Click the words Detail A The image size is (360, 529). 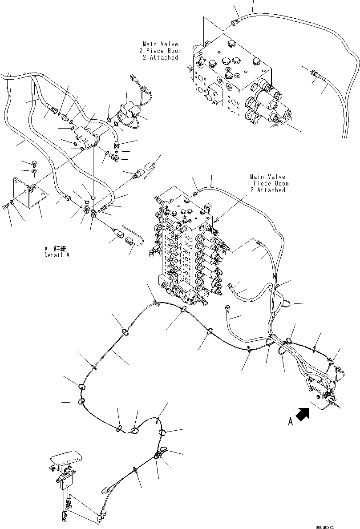coord(57,255)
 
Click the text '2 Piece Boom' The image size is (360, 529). coord(160,51)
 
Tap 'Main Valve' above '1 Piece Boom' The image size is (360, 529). coord(267,177)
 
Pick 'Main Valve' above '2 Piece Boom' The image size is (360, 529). coord(160,44)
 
